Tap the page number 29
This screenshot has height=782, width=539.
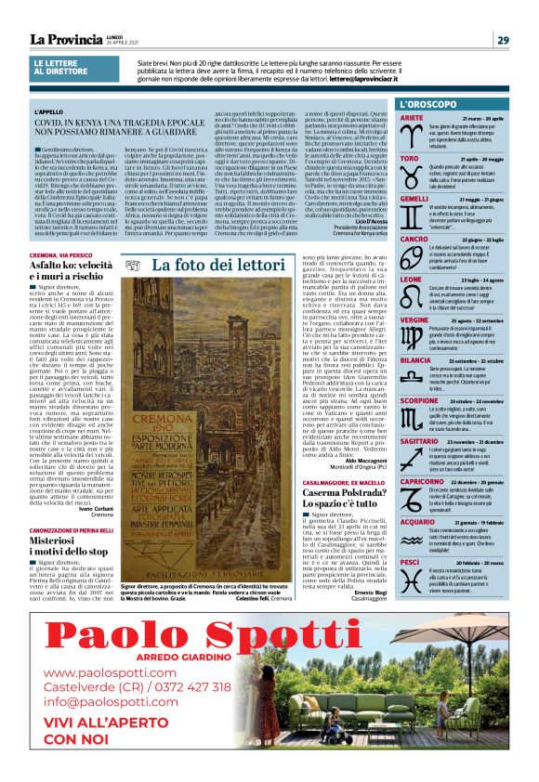pos(502,40)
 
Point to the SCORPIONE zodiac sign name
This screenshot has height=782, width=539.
pos(419,400)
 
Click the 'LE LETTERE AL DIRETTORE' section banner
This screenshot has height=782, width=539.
pos(61,68)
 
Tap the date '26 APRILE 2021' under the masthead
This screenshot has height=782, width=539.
pos(87,49)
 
